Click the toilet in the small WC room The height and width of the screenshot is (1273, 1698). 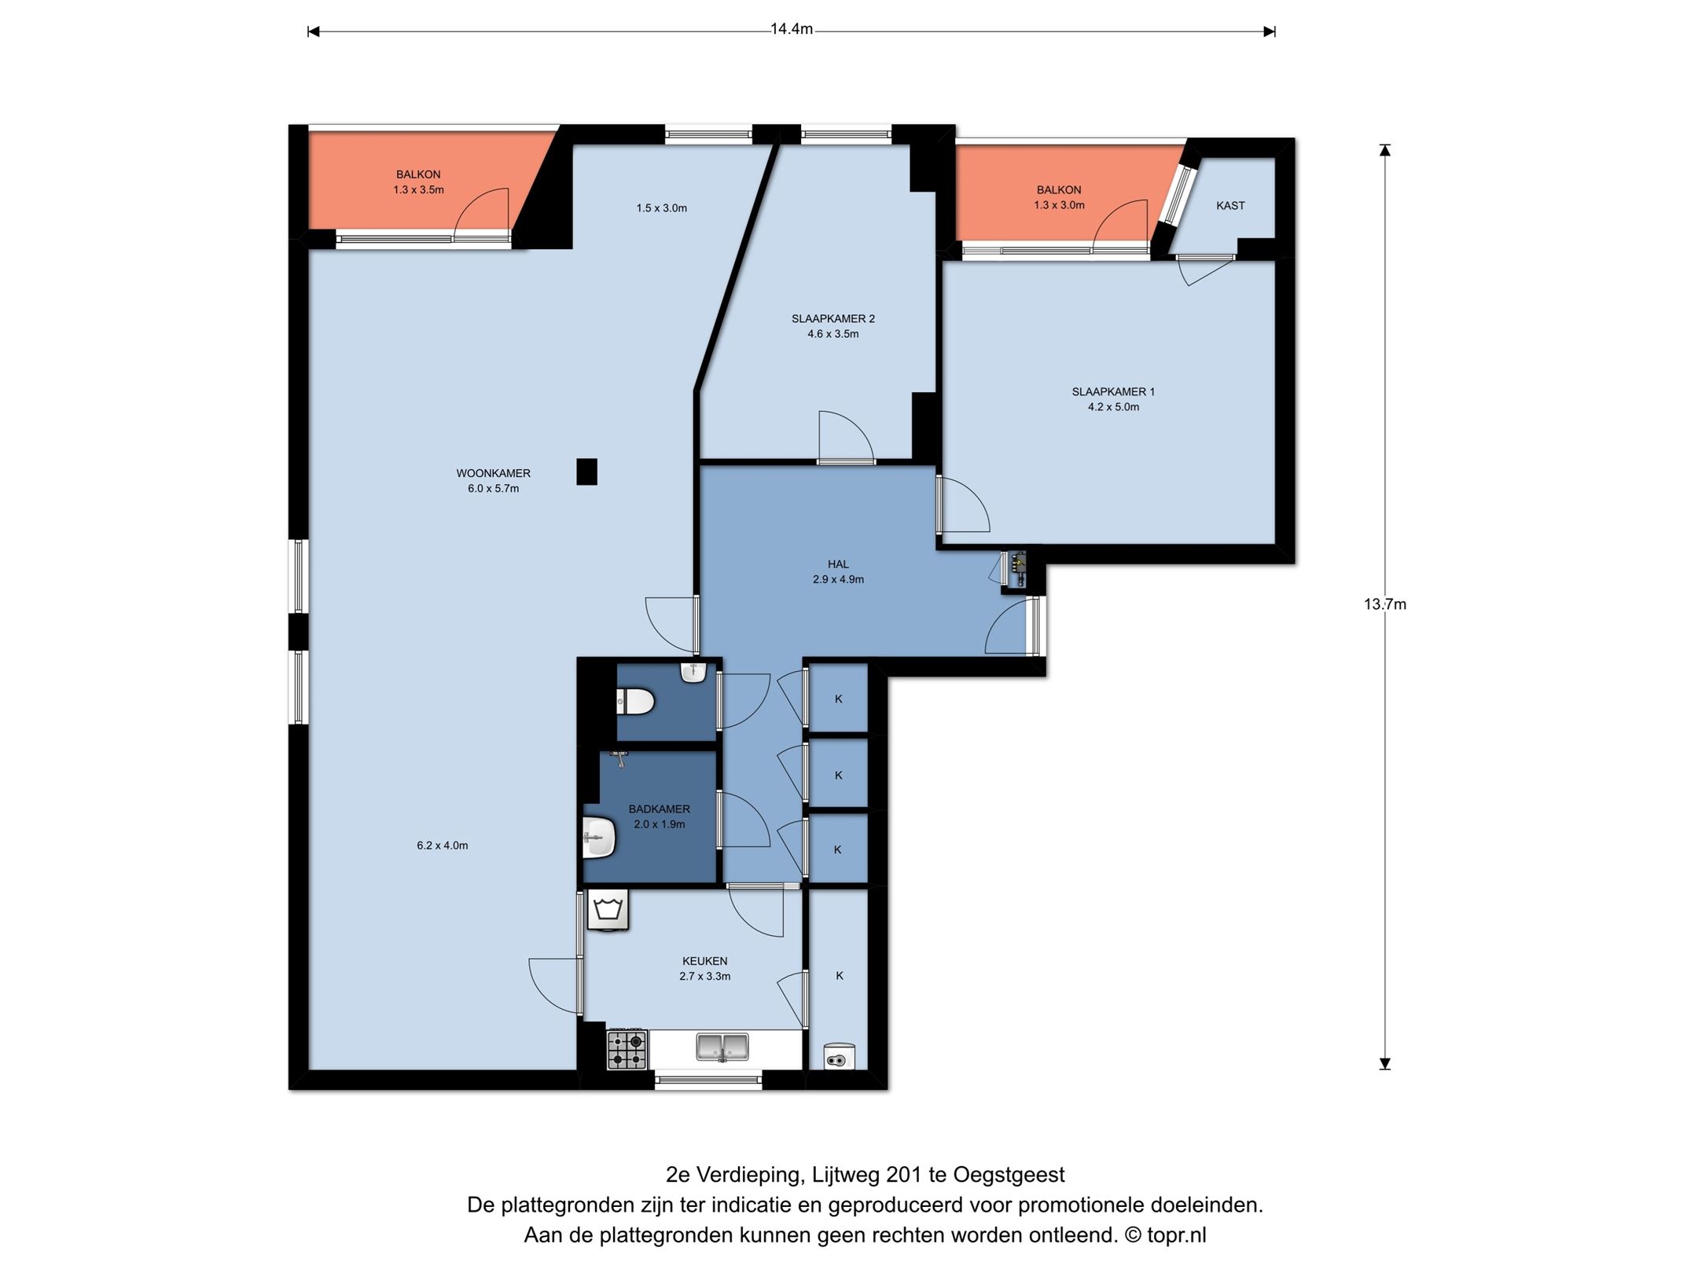pos(636,701)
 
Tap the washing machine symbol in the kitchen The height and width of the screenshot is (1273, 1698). pos(608,911)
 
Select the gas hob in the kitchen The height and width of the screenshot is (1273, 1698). pos(627,1049)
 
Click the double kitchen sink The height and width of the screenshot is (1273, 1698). pos(722,1047)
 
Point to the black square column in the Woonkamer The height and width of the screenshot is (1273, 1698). pos(586,471)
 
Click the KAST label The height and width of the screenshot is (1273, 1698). pos(1230,206)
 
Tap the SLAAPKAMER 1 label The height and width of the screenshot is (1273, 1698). pos(1113,391)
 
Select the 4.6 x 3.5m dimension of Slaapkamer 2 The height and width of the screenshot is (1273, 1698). pos(832,334)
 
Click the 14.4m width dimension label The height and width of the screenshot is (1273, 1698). pos(792,30)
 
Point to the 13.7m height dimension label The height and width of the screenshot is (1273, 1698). pos(1385,604)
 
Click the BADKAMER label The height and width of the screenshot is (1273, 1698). pos(659,809)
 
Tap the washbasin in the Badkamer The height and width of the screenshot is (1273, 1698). pos(599,838)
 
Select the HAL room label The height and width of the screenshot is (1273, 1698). pos(838,564)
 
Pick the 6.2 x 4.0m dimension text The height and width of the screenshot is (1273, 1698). pos(442,846)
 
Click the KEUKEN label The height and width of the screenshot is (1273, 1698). pos(704,961)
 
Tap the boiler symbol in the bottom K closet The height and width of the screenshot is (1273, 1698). pos(839,1057)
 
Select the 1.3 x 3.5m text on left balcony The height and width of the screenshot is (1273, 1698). pos(418,189)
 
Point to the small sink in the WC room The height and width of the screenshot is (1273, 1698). pos(693,673)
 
